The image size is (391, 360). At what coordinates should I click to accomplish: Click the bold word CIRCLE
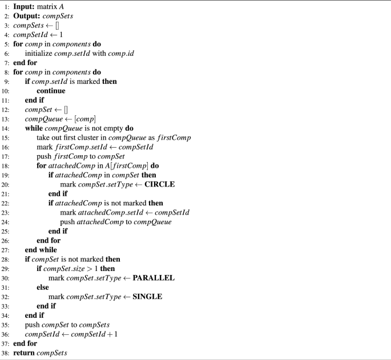click(x=160, y=184)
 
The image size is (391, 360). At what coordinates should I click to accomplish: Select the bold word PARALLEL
click(x=154, y=278)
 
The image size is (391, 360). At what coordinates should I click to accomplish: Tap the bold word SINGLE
click(x=147, y=297)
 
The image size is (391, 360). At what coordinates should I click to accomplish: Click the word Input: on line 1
click(x=24, y=6)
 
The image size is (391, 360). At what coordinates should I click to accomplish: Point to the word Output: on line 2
click(x=27, y=16)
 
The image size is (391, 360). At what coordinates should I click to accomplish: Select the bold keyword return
click(x=24, y=353)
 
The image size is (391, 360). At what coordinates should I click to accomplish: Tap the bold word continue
click(x=51, y=91)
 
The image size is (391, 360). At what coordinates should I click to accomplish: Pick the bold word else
click(x=43, y=288)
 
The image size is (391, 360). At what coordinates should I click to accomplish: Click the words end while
click(x=41, y=250)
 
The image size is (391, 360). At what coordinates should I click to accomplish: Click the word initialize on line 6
click(x=39, y=54)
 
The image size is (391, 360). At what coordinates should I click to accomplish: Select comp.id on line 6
click(x=121, y=54)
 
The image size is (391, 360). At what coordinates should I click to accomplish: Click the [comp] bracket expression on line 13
click(x=85, y=119)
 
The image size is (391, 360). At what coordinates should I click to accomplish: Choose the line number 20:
click(x=5, y=185)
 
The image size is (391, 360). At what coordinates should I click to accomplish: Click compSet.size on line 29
click(x=64, y=269)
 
